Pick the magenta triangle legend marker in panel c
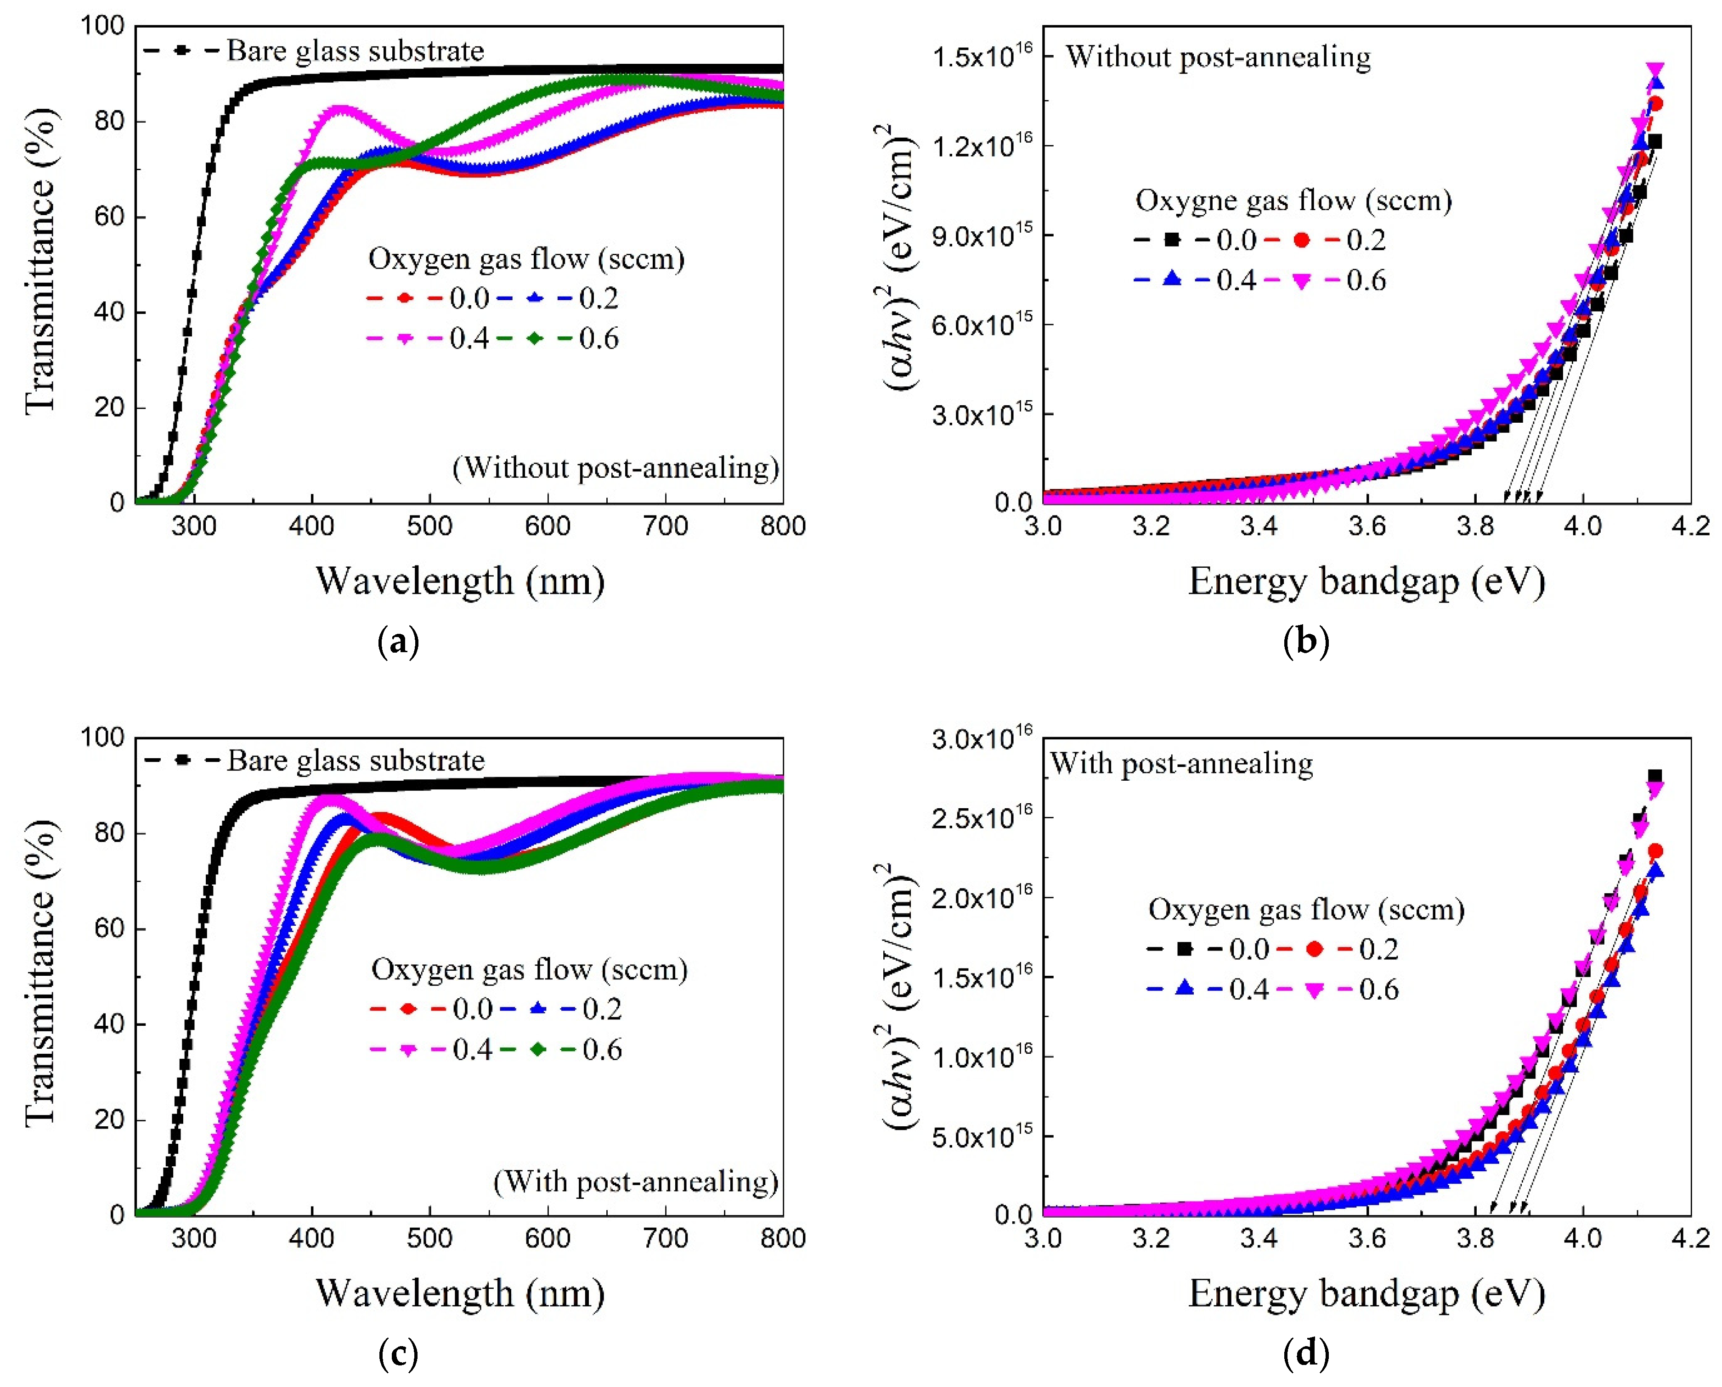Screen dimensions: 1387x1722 (x=408, y=1050)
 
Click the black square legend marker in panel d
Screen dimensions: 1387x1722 (x=1185, y=949)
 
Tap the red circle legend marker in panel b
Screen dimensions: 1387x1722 (x=1302, y=240)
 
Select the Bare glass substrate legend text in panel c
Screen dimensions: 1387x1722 (x=356, y=760)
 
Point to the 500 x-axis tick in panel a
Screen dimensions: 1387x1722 (x=429, y=526)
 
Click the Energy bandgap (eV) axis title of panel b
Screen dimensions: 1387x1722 (x=1366, y=581)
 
